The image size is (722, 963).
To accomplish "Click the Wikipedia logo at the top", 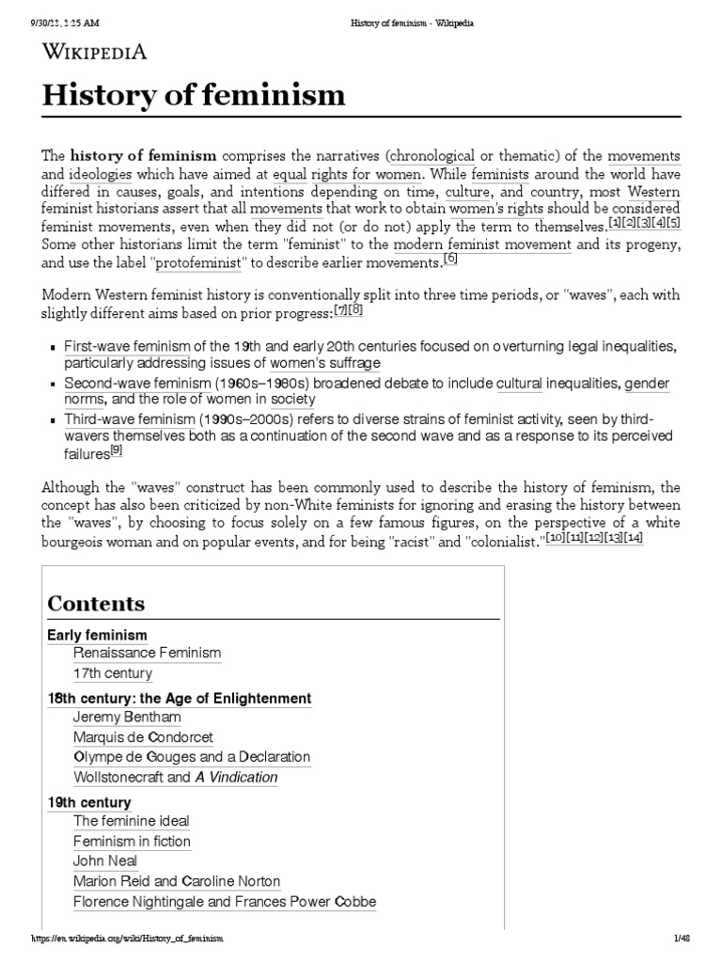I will (93, 53).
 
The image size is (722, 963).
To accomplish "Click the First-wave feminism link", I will (127, 346).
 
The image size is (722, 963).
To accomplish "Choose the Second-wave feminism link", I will (136, 384).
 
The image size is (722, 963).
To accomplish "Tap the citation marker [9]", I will (117, 450).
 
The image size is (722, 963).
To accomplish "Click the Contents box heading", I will (96, 604).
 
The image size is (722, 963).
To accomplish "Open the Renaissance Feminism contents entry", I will (147, 653).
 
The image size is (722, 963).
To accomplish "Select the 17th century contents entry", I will (112, 673).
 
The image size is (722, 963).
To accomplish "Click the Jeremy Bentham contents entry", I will (127, 717).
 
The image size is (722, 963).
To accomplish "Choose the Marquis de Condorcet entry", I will (142, 736).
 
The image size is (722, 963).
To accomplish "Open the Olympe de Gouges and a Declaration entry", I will (191, 757).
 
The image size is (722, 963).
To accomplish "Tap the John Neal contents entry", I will (105, 860).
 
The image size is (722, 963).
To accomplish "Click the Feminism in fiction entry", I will (132, 841).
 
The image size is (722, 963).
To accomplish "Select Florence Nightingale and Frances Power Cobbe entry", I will (224, 902).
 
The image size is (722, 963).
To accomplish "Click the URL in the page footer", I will (128, 939).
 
